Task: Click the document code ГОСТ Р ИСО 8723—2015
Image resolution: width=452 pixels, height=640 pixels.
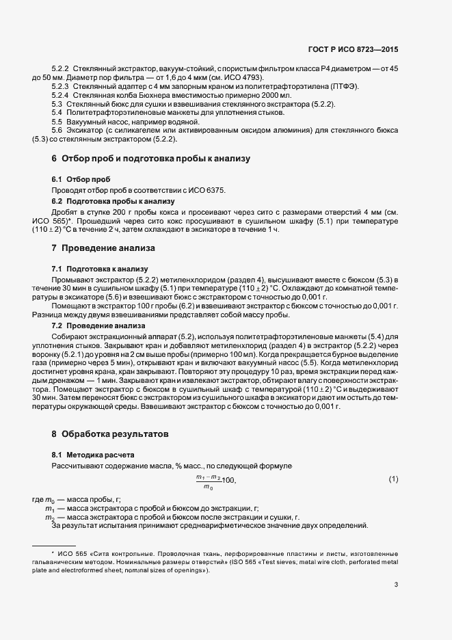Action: tap(354, 50)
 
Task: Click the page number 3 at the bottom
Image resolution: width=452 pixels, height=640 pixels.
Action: tap(396, 585)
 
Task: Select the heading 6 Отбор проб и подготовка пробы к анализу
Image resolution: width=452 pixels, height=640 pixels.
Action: tap(150, 159)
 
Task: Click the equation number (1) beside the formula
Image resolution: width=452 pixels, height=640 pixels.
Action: tap(393, 479)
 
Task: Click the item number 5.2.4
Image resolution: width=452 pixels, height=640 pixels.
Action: tap(61, 96)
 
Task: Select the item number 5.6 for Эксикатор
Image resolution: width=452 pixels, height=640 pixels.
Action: tap(57, 130)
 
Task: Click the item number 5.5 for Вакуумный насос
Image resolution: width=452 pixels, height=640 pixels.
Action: tap(57, 121)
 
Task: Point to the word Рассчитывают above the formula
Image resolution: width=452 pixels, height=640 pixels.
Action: tap(77, 466)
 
